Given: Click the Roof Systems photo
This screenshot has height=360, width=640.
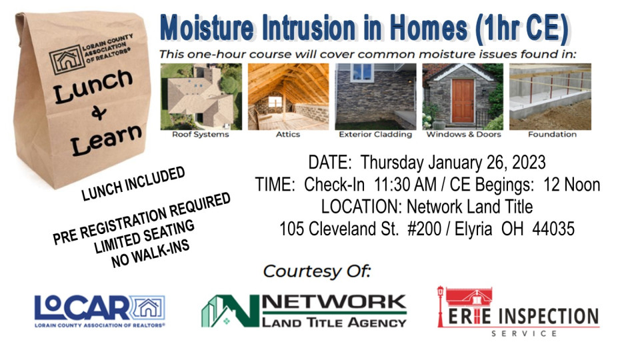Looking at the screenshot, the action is coord(201,96).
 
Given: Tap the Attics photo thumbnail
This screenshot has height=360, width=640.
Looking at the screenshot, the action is coord(288,96).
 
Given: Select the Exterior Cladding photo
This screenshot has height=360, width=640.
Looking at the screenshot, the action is coord(375,96).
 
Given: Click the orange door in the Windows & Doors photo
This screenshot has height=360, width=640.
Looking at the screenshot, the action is coord(463,101).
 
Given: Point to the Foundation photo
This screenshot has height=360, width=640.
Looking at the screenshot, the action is coord(550,96).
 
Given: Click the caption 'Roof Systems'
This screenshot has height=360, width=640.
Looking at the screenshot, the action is coord(201,134).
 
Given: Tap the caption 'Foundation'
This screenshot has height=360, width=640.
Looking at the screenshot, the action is coord(552,134).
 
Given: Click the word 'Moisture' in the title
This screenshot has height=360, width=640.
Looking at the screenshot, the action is coord(207,28).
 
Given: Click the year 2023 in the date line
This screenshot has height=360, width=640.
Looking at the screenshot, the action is coord(529,163).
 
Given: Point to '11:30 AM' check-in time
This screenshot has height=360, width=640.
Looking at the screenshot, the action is coord(405,185).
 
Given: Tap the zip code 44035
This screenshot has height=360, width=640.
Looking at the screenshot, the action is coord(553,229).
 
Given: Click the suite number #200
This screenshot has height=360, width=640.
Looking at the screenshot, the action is coord(425,229).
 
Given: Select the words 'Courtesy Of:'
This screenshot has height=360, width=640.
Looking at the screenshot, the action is coord(317,271).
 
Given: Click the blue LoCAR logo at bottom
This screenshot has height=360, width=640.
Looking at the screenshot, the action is coord(100,311).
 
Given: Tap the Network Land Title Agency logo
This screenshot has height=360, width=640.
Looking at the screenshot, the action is coord(304,311).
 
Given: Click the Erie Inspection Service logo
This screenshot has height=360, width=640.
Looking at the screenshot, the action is coord(518,312).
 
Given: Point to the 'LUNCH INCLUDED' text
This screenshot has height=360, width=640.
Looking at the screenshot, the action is coord(133,184).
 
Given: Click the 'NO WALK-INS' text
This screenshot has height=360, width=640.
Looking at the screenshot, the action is coord(151,253).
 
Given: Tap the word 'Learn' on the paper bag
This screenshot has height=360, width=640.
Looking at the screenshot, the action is coord(106,139).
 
